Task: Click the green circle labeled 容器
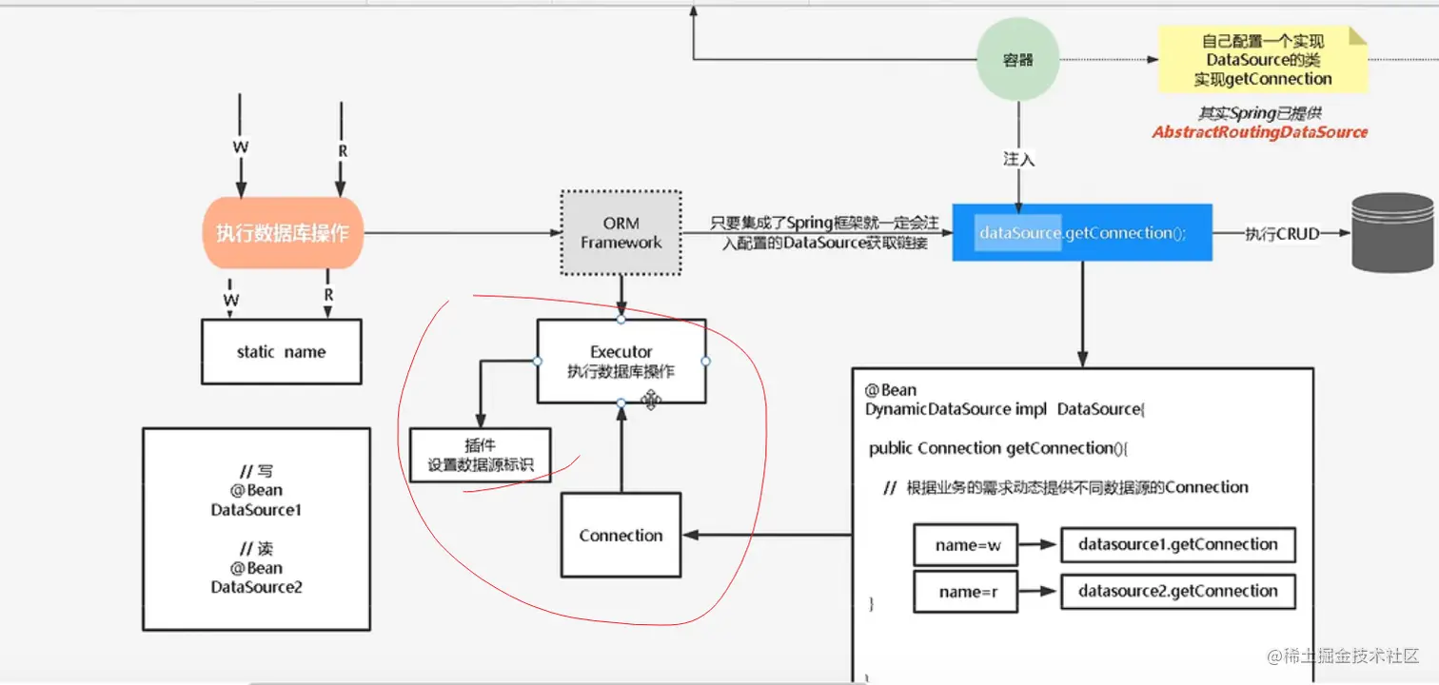click(1017, 60)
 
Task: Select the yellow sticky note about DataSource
click(1262, 59)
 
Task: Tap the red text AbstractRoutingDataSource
click(1259, 132)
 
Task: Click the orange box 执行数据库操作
click(283, 233)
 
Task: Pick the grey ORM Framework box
click(621, 233)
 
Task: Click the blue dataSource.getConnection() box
click(1082, 232)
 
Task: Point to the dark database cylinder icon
click(1392, 233)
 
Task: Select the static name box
click(281, 352)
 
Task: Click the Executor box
click(621, 361)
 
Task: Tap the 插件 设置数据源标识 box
click(480, 456)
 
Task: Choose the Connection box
click(621, 536)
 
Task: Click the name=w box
click(965, 545)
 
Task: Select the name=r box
click(965, 592)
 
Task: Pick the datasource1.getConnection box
click(1177, 545)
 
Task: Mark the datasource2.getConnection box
click(1177, 591)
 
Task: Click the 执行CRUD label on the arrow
click(1282, 233)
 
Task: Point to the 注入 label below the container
click(1018, 159)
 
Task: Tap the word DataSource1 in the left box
click(256, 510)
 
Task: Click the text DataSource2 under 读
click(256, 587)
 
